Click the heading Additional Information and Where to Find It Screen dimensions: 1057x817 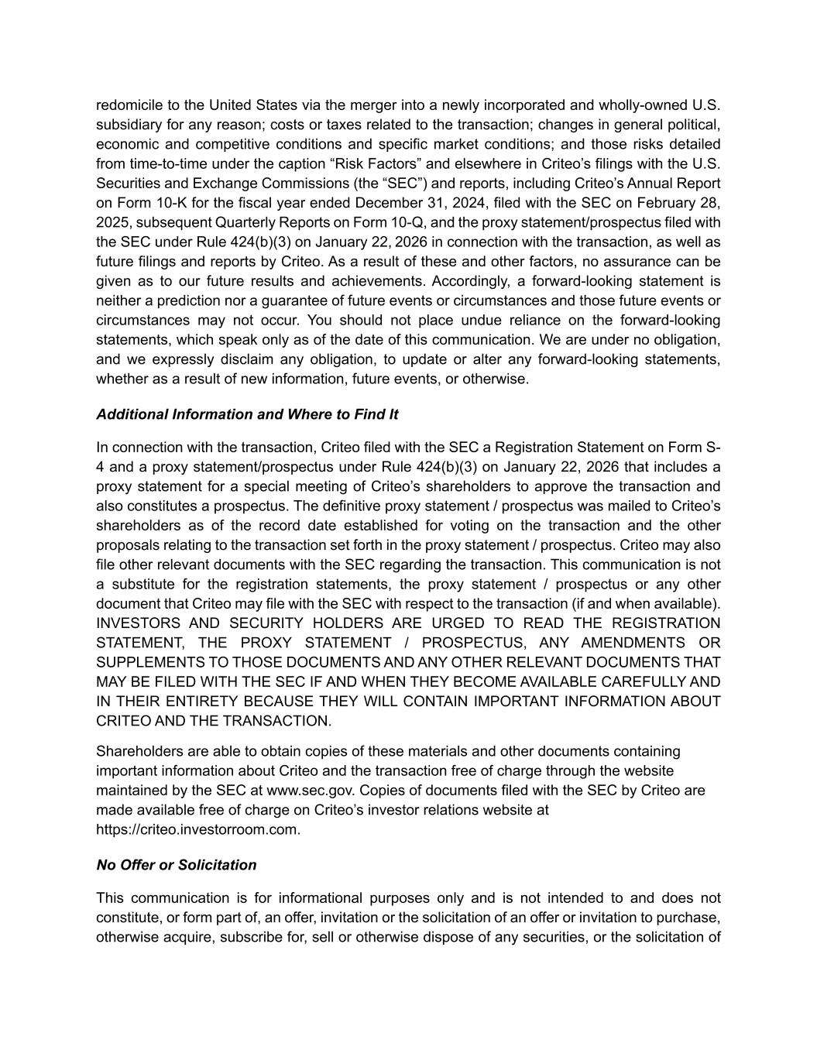[x=247, y=414]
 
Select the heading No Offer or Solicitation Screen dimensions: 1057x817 [x=176, y=865]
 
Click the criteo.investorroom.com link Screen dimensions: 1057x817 [x=197, y=829]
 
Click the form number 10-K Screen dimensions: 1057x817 [x=184, y=203]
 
